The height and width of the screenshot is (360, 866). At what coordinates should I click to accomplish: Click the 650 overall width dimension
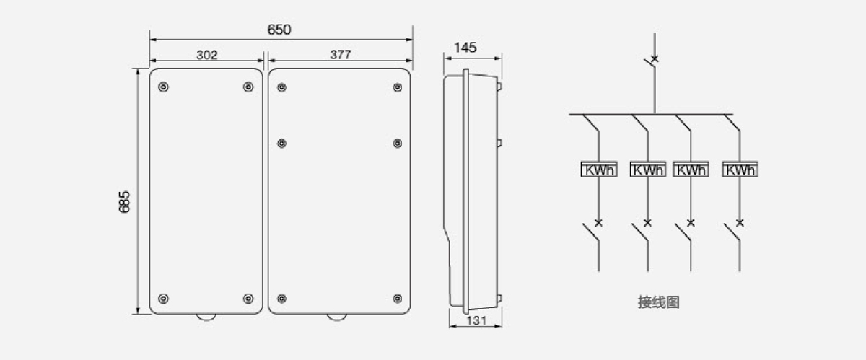pos(279,30)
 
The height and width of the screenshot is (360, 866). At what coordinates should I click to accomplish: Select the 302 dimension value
pos(207,55)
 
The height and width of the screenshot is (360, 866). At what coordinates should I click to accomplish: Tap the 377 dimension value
pos(341,55)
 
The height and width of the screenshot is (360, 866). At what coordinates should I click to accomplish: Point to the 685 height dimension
pos(124,202)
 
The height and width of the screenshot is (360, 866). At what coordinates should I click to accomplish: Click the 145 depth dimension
pos(465,48)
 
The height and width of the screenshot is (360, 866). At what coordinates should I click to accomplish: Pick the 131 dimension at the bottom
pos(476,320)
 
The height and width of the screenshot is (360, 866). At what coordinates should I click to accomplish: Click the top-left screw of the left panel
pos(164,87)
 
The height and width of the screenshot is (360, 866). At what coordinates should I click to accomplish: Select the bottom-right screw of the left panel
pos(248,299)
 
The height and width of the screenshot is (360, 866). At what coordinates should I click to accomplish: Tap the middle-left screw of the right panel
pos(282,144)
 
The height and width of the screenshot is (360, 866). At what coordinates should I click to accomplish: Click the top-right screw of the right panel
pos(398,87)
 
